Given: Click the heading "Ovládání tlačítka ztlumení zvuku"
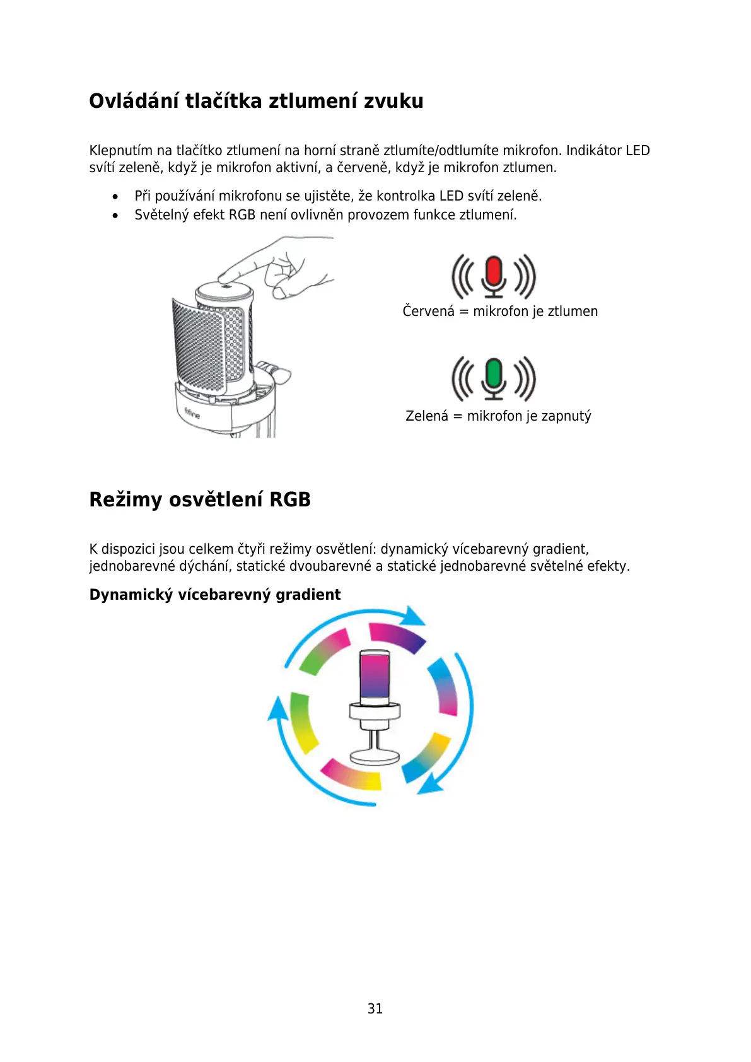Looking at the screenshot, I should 256,101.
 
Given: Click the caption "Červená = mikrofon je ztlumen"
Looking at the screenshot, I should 500,312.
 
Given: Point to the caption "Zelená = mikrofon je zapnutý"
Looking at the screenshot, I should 498,416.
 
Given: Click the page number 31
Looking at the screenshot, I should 375,1008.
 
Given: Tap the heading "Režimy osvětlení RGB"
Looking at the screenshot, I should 200,499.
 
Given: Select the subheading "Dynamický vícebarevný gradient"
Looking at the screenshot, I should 215,595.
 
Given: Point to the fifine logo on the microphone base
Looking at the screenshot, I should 192,413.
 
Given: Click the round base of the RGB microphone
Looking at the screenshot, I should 375,756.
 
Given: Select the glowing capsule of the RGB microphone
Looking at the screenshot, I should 375,675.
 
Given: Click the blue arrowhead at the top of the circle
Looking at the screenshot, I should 414,616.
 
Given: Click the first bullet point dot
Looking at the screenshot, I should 115,197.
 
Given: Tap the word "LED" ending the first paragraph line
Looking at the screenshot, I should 637,151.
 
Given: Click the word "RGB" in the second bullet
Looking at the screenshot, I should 242,215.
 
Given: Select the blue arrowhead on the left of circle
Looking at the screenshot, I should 277,709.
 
